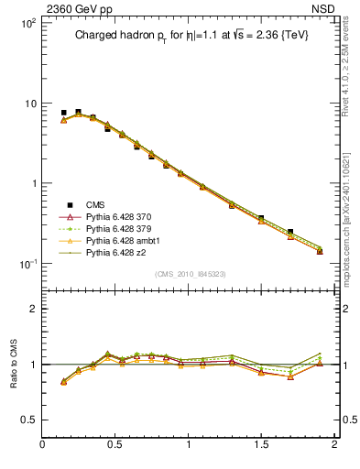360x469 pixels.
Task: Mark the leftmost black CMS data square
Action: coord(63,113)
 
